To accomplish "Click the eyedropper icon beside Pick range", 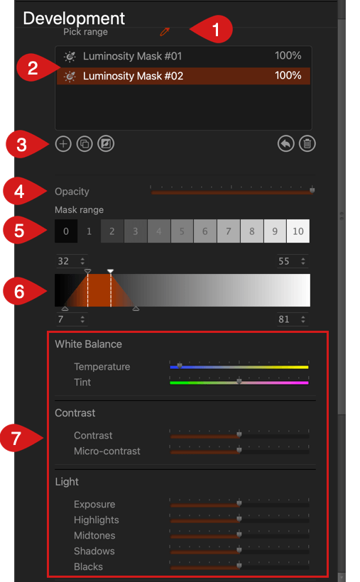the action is (x=165, y=32).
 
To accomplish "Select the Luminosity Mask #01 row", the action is (x=183, y=56).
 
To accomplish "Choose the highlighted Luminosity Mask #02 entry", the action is (x=183, y=76).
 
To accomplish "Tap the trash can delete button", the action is (x=307, y=143).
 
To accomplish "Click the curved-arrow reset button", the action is (x=285, y=143).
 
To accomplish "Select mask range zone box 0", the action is (x=66, y=231).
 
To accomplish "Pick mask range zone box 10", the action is (x=298, y=231).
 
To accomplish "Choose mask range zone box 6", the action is (x=205, y=231).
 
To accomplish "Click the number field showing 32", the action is (x=71, y=261).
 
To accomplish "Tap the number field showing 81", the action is (x=293, y=319).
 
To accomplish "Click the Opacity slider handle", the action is (x=312, y=190).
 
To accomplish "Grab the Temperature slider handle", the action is (x=180, y=366).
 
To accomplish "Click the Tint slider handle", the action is (x=239, y=381).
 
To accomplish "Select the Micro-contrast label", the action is (x=107, y=451).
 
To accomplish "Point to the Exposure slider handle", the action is (x=239, y=503).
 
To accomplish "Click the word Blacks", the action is (x=89, y=567).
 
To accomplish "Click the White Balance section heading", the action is (x=89, y=344).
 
